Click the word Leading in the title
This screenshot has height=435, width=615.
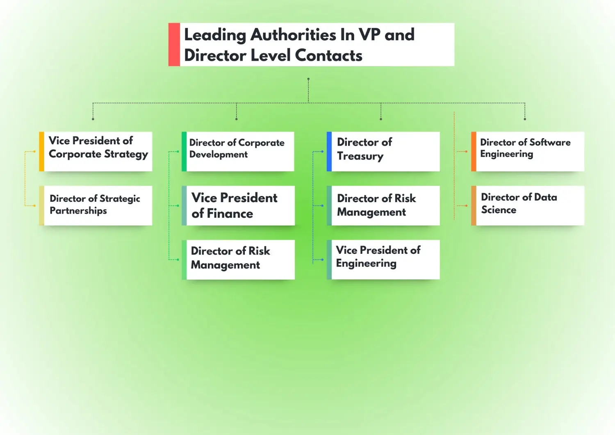pos(215,35)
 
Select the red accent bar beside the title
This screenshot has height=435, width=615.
pos(174,44)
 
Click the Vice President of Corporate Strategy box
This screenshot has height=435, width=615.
pos(98,151)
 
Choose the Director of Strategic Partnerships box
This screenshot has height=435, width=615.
pos(98,205)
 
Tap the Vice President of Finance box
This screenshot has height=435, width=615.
pos(240,205)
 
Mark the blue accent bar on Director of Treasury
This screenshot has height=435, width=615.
pos(329,151)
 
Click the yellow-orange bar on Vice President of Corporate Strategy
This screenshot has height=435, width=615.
pos(41,151)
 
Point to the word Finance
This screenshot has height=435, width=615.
pos(230,214)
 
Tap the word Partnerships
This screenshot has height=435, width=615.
pos(78,211)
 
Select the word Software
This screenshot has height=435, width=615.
pos(550,142)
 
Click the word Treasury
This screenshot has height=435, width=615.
pos(360,157)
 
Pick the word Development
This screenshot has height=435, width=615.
pos(219,155)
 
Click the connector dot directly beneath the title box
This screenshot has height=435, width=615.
pos(308,79)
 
